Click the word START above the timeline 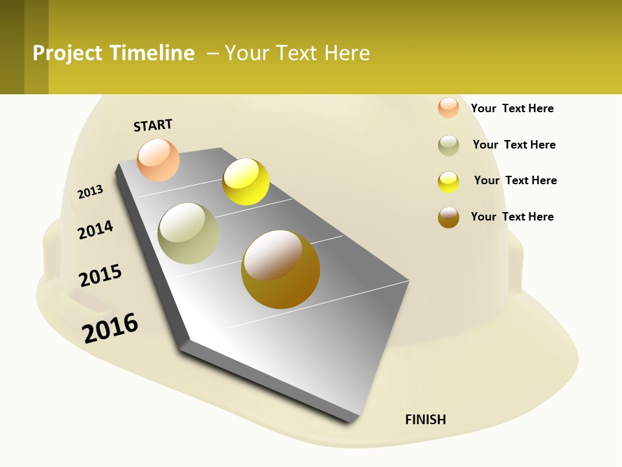153,125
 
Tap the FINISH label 426,420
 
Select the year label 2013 91,192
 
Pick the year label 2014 96,229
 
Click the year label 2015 100,275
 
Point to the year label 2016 110,328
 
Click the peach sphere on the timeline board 159,160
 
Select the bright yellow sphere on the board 246,182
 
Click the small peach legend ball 448,108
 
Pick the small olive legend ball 448,145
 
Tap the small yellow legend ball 448,182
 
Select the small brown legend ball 448,217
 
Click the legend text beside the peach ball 512,108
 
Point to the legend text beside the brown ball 512,217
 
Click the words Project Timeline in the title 113,53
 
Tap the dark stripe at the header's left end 12,47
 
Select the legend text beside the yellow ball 515,180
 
